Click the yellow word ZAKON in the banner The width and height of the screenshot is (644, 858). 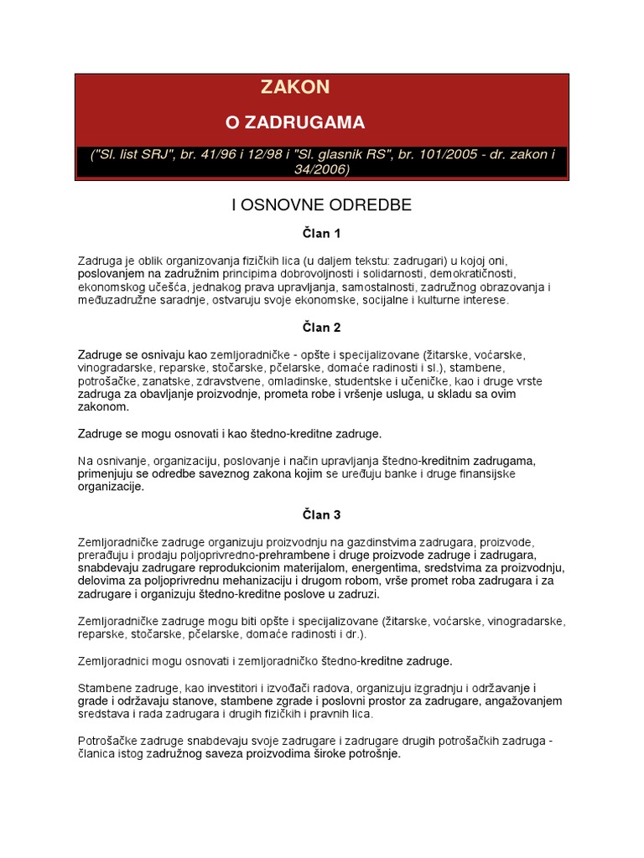295,87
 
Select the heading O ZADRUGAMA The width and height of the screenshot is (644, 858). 295,122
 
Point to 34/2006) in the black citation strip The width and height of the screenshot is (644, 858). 322,169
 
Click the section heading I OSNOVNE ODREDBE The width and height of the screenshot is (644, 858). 322,204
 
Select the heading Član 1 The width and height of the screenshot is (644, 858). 322,234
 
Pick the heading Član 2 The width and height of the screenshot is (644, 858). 322,328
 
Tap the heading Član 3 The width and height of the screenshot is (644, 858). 322,514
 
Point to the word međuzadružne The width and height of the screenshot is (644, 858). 118,300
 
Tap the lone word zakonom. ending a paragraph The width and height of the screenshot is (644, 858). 104,407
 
